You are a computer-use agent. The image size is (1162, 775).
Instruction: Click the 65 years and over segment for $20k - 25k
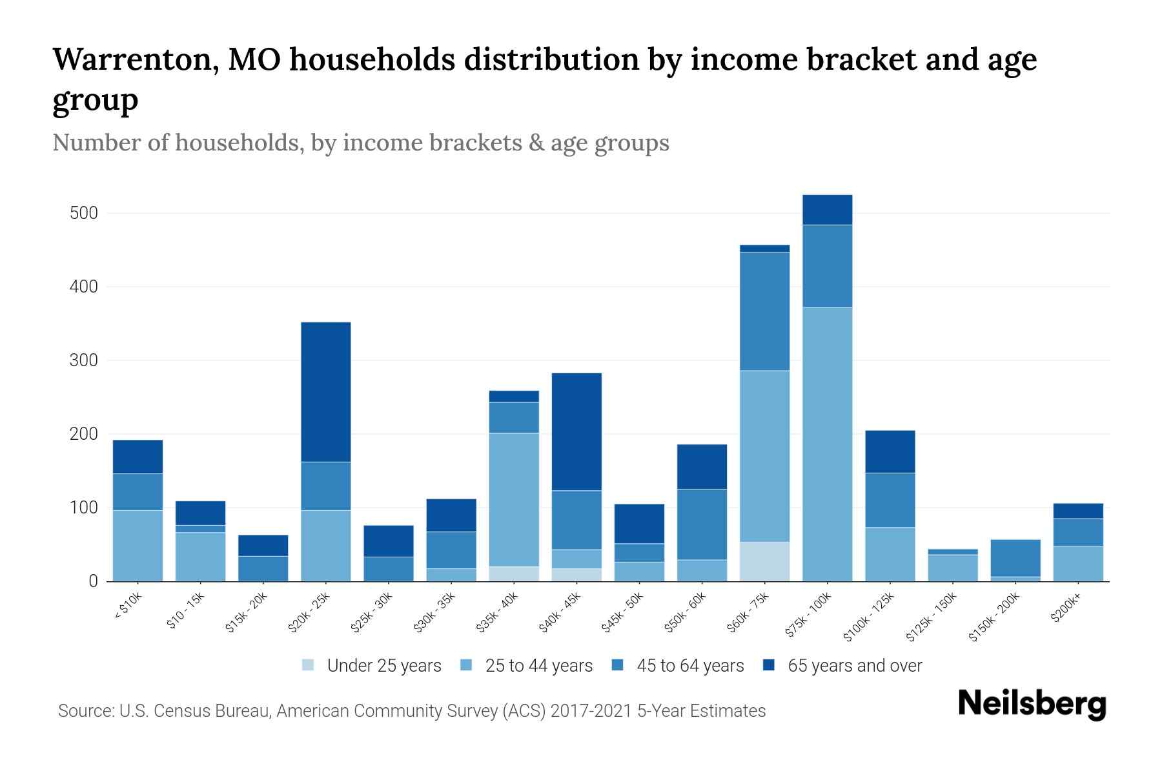click(326, 392)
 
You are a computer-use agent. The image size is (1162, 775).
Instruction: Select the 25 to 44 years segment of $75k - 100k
click(828, 444)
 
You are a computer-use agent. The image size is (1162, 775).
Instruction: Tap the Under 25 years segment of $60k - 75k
click(765, 561)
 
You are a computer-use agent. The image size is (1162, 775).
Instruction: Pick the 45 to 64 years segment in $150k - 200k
click(1015, 558)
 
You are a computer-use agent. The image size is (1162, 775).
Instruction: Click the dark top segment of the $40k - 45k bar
click(576, 431)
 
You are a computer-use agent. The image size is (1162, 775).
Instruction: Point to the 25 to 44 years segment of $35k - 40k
click(514, 500)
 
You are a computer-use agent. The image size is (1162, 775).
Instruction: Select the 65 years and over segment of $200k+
click(1078, 511)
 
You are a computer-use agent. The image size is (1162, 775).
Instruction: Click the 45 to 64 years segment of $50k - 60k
click(702, 524)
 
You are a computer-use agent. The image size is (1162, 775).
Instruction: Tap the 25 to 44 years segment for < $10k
click(138, 546)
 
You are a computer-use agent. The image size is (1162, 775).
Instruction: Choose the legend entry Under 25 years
click(372, 666)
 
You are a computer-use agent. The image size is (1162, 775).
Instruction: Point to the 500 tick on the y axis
click(84, 213)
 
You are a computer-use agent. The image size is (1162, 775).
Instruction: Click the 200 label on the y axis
click(84, 434)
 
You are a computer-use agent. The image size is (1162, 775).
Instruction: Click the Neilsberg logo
click(1032, 704)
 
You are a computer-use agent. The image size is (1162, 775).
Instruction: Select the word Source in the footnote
click(85, 711)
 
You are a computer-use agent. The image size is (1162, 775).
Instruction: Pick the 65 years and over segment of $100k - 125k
click(890, 451)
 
